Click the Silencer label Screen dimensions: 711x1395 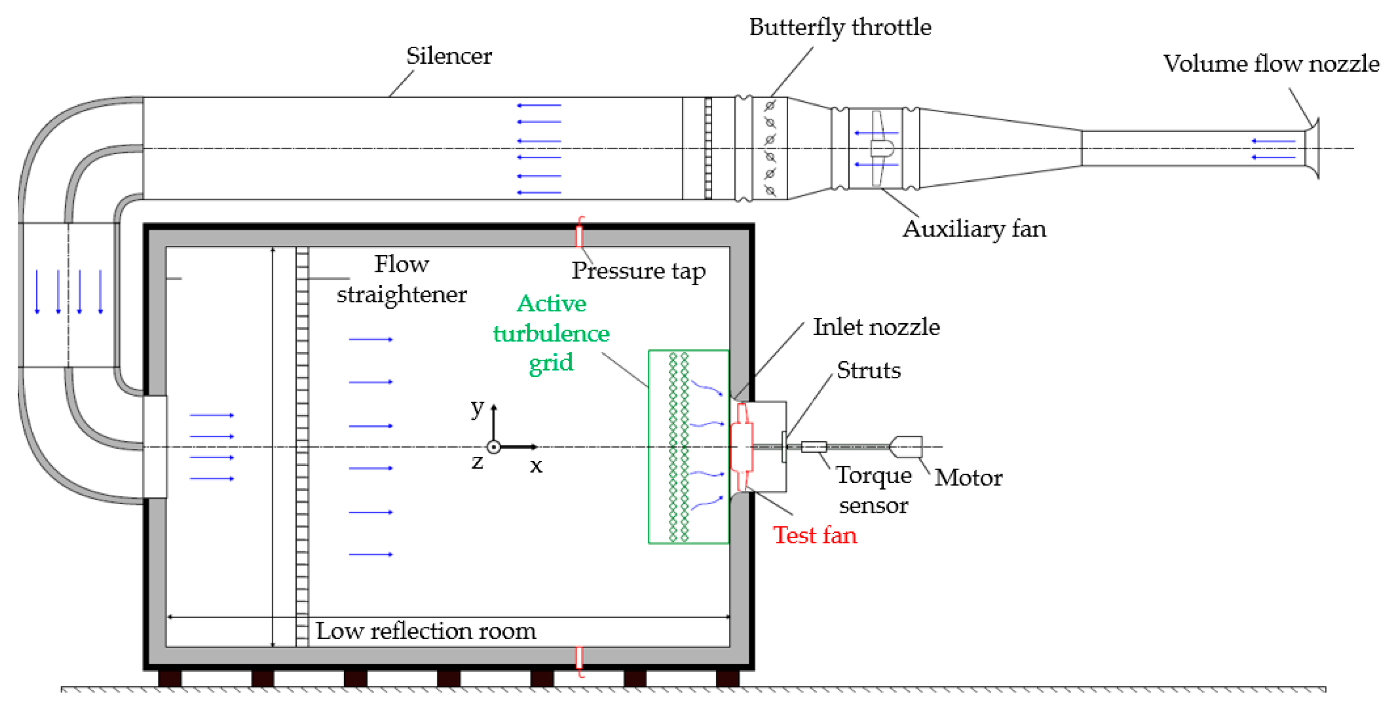(448, 56)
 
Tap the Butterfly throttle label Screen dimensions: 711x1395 (839, 27)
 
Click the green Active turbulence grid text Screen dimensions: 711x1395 (551, 333)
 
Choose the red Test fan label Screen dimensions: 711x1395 (814, 535)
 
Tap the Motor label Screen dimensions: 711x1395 (968, 478)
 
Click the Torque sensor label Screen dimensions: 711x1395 (873, 490)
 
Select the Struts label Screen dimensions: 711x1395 (868, 371)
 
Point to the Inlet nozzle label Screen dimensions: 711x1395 (876, 327)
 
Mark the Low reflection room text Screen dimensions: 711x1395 (425, 631)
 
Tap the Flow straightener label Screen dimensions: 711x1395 (401, 279)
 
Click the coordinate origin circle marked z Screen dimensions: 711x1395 (493, 447)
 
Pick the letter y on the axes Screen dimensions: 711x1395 (476, 407)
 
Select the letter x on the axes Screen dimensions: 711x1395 (536, 465)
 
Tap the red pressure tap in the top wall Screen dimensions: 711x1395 (579, 236)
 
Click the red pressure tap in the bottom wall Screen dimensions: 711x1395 (579, 658)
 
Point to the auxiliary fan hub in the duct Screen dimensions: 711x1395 (881, 148)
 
